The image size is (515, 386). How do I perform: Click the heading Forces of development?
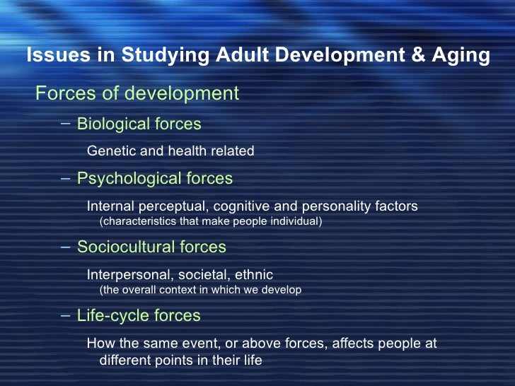click(x=137, y=93)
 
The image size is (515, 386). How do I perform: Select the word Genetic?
click(x=108, y=151)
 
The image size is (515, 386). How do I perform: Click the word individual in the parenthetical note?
click(x=291, y=222)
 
